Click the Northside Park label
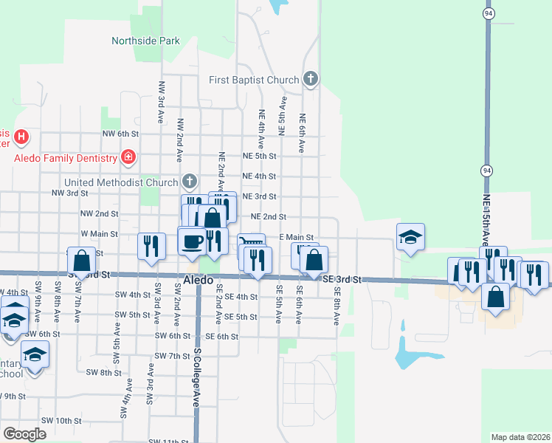(145, 41)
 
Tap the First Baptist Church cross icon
(311, 78)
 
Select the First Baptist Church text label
(254, 80)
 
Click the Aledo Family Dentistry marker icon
(128, 157)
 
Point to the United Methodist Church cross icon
(190, 181)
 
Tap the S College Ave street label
(197, 378)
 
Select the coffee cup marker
(193, 241)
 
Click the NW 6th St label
(120, 134)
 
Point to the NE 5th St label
(259, 157)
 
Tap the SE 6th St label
(221, 336)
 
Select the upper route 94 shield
(489, 14)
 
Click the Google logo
(24, 434)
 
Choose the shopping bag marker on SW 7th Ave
(81, 260)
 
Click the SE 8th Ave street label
(336, 306)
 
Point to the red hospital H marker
(21, 137)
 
